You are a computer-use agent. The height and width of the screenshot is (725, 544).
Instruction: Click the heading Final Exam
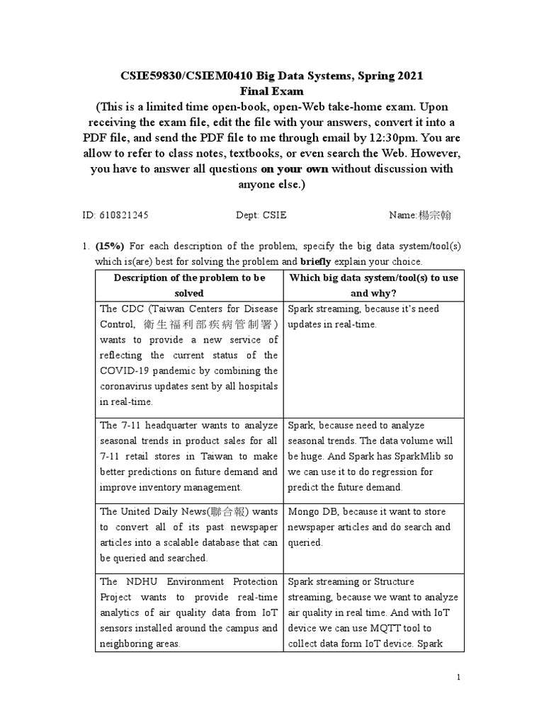272,91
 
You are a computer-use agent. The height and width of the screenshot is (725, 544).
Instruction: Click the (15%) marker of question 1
110,246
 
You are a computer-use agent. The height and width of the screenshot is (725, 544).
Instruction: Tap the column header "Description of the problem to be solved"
189,285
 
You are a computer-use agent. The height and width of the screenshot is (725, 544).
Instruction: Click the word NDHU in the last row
137,581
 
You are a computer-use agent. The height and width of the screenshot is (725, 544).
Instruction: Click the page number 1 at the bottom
459,678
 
